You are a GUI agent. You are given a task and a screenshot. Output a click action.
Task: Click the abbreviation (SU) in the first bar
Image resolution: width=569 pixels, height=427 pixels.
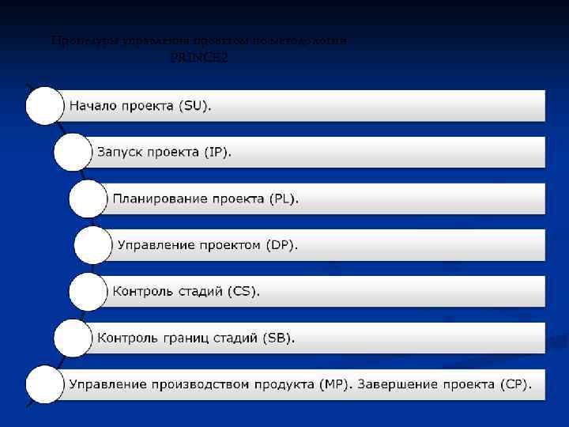194,105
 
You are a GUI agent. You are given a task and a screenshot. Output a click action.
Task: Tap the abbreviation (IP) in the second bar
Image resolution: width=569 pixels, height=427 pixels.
217,152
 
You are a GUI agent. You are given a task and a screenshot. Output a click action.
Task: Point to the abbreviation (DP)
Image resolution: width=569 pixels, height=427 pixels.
281,245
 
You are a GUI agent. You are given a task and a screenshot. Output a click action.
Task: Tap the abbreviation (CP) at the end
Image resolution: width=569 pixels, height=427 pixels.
515,384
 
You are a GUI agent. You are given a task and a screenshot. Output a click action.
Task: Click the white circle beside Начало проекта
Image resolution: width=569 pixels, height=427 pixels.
44,105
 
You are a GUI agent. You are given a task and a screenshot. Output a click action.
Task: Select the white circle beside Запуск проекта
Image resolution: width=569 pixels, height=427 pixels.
72,152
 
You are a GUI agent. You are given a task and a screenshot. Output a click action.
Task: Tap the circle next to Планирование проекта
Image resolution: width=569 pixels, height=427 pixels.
88,198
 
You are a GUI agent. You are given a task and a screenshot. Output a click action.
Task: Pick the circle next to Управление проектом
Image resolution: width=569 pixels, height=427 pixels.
93,245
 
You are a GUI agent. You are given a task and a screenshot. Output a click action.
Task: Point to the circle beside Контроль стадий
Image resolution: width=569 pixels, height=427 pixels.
88,292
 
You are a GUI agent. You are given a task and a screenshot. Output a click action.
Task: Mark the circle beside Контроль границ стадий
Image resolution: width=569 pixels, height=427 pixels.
72,338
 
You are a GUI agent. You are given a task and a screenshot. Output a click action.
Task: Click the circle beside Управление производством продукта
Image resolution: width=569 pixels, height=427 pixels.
44,385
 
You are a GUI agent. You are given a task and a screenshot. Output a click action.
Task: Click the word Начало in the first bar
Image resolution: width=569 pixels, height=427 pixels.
93,105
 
